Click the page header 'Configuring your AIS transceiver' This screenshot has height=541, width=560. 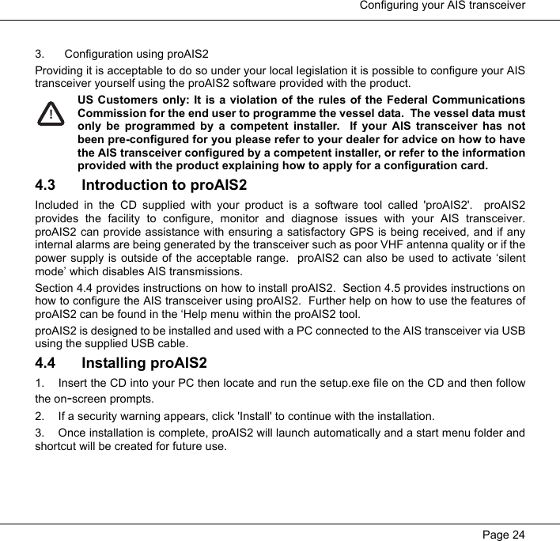[x=443, y=6]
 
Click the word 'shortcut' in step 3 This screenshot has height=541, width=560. [x=55, y=446]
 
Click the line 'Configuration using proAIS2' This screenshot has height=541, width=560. [x=137, y=55]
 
